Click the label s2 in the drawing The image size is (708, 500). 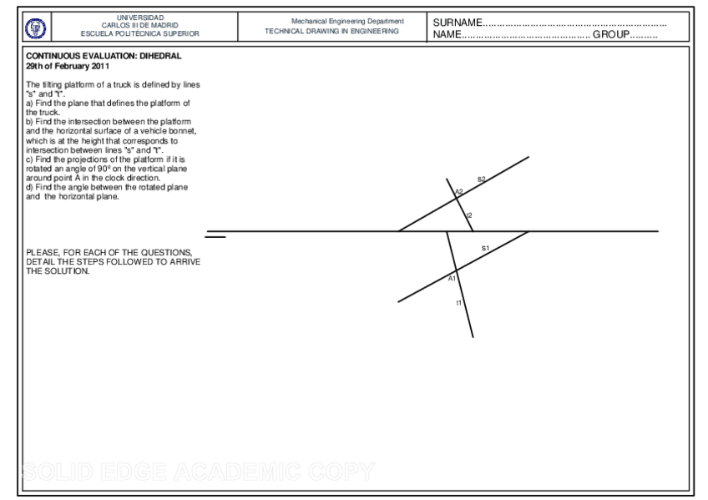point(482,179)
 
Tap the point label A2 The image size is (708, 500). point(458,192)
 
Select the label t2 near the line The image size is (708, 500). point(469,215)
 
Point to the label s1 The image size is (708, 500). point(485,248)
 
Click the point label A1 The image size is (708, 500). point(452,278)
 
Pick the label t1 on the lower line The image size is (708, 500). point(458,302)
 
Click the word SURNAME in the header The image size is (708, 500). point(458,22)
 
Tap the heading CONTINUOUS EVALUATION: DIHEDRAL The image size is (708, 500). point(104,56)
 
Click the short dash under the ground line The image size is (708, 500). point(215,238)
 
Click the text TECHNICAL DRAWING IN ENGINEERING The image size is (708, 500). point(331,30)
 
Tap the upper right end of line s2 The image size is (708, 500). point(528,156)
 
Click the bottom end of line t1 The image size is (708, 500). point(473,336)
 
